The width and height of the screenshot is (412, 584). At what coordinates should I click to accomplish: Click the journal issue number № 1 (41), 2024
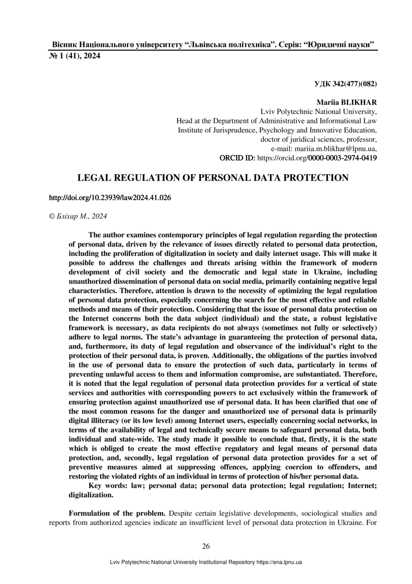[75, 57]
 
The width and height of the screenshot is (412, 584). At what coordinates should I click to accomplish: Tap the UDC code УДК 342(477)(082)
[345, 84]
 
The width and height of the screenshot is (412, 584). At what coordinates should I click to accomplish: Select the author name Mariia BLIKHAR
[347, 102]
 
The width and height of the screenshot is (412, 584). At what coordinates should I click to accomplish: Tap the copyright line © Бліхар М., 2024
[78, 216]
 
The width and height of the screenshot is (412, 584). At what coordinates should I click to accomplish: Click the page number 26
[206, 546]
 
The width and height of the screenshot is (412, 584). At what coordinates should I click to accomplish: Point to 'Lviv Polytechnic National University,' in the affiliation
[318, 112]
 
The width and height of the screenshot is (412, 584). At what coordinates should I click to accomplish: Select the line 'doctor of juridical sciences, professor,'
[318, 139]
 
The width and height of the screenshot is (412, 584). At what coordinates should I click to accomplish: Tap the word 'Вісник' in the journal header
[64, 45]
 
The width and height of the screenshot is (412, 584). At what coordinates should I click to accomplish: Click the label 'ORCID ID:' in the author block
[238, 158]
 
